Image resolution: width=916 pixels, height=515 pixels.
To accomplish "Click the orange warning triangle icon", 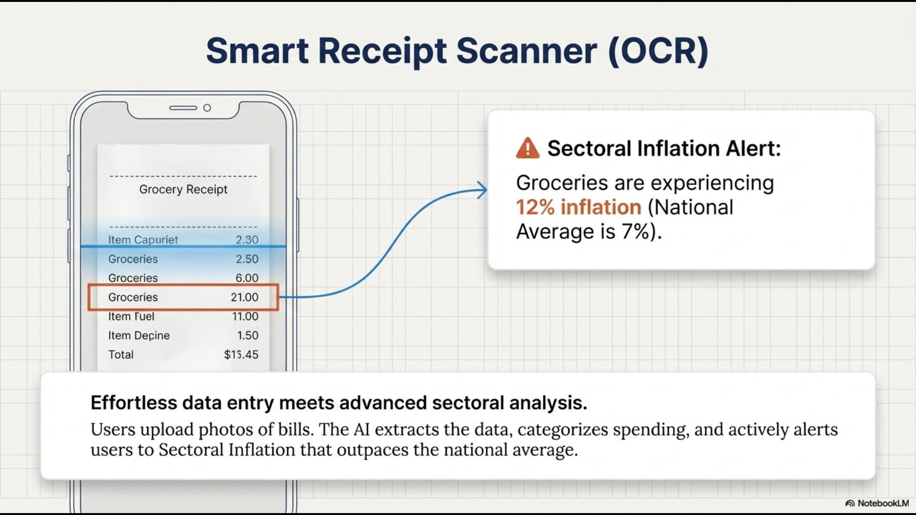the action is (528, 148).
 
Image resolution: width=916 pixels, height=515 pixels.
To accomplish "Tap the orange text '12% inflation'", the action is (579, 207).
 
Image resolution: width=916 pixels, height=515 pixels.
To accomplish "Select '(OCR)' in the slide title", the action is (658, 51).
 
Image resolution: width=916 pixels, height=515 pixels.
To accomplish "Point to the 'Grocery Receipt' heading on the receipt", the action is (183, 190).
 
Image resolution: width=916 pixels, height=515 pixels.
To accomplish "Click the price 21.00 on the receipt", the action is (245, 297).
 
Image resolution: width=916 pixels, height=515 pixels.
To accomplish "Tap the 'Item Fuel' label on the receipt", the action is (131, 316).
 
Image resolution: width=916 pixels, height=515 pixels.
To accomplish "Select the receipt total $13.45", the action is (241, 354).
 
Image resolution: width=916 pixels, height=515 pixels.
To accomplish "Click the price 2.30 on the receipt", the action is (247, 240).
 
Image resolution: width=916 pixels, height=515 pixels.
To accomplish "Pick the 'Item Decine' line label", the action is (139, 336).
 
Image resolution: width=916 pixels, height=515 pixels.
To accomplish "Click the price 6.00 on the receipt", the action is (247, 278).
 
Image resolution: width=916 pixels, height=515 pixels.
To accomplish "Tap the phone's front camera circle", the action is (207, 108).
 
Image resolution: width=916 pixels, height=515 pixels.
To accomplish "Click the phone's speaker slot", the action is (183, 108).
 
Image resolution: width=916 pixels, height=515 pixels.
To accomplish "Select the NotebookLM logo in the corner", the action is (877, 503).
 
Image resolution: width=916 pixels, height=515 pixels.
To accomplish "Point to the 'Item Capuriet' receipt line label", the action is (143, 240).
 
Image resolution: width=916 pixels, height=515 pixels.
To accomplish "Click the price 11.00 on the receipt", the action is (245, 316).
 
